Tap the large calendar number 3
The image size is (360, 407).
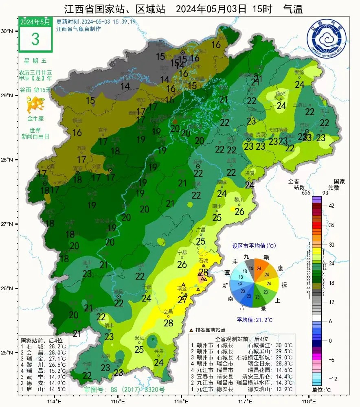[35, 39]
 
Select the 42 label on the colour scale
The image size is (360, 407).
[331, 206]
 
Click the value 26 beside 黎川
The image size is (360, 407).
[239, 212]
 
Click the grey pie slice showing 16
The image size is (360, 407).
[251, 267]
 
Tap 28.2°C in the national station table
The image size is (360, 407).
[57, 346]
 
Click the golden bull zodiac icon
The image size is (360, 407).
[35, 106]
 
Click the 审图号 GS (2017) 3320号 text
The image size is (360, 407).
[124, 389]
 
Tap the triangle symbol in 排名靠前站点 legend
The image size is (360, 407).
[191, 330]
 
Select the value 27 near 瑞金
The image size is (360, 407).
[182, 300]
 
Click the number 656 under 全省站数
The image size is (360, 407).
[306, 193]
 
